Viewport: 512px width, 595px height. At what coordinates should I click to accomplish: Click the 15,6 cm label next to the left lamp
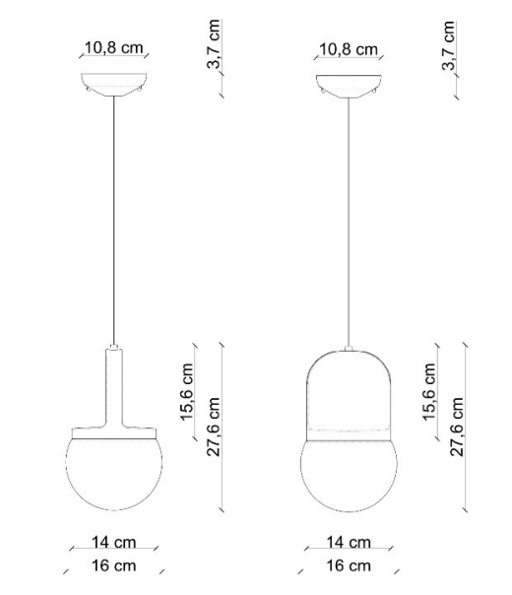click(x=186, y=393)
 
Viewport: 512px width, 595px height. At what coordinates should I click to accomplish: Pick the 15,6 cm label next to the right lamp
click(x=428, y=393)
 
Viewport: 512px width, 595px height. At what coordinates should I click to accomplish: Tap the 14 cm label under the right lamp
click(x=348, y=543)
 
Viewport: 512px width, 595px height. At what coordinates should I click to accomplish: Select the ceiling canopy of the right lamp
click(x=350, y=84)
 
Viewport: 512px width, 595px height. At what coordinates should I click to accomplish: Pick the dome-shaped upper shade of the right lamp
click(x=350, y=389)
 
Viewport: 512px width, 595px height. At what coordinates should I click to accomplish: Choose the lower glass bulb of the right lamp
click(x=350, y=476)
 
